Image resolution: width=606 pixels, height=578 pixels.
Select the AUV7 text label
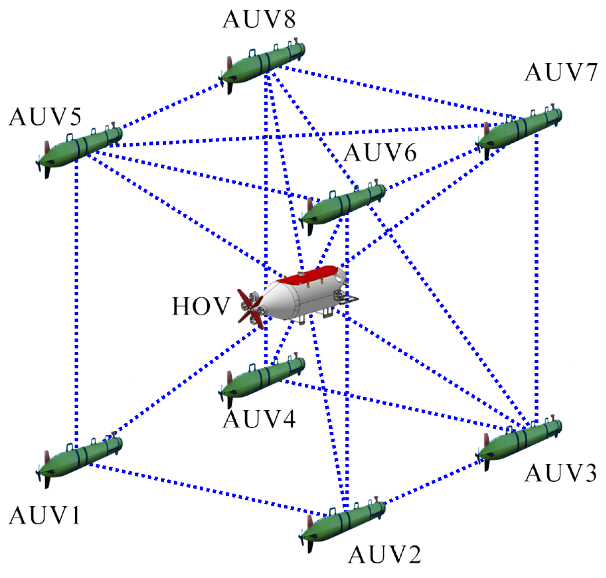click(561, 72)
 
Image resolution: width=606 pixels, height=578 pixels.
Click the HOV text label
click(201, 306)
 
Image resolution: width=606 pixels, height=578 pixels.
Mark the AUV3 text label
click(561, 473)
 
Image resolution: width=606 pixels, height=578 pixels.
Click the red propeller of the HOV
click(250, 309)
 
